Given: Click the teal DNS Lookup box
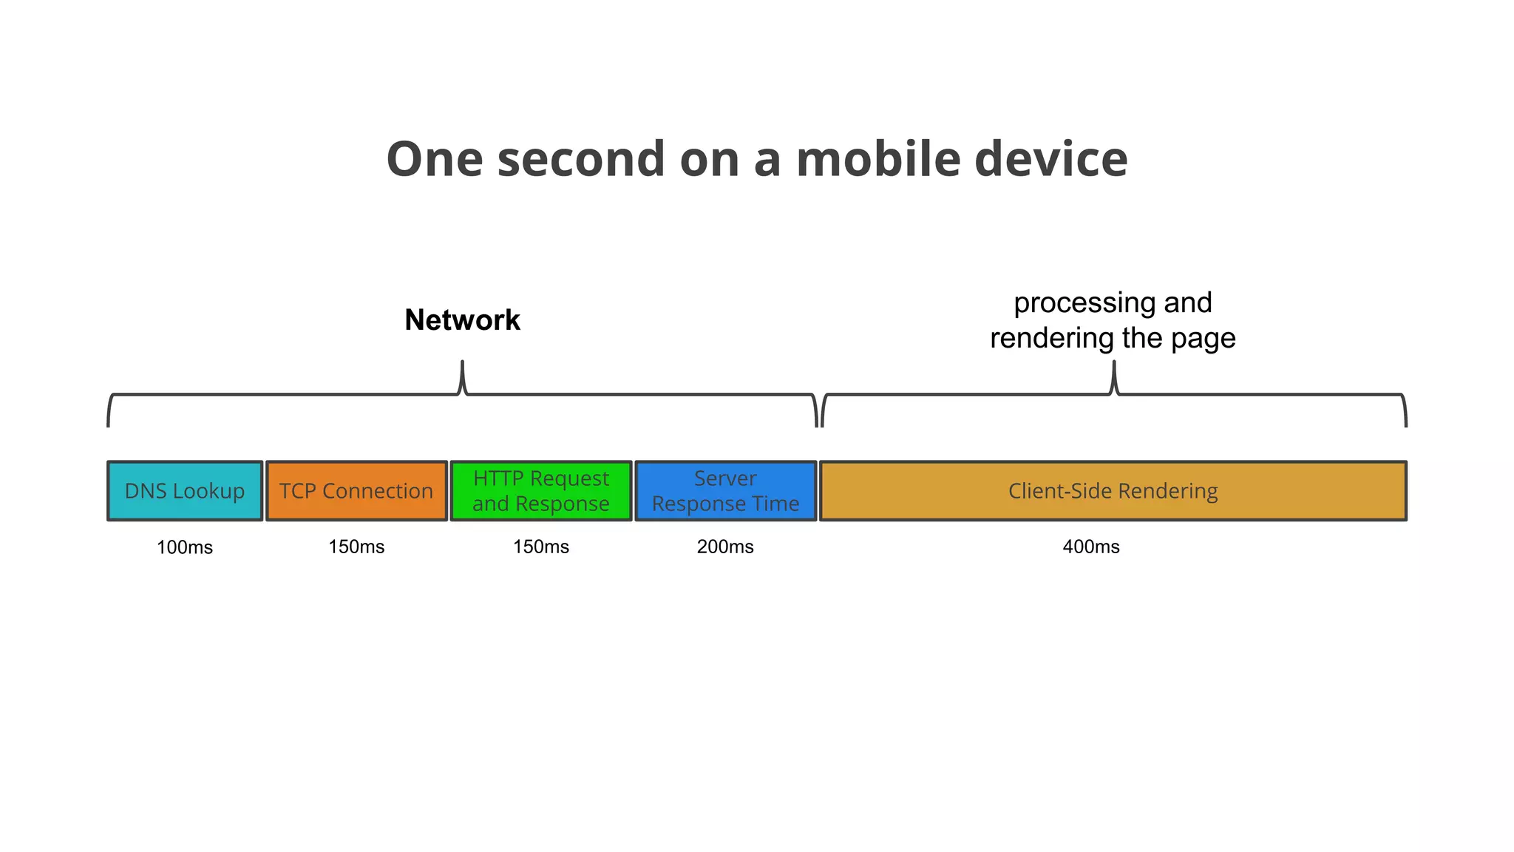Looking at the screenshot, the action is (185, 491).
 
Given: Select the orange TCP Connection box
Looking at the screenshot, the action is (356, 491).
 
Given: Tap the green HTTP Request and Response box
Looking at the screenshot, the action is (541, 491).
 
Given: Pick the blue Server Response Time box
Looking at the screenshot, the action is (725, 491).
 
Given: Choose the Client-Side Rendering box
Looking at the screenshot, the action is (1113, 491).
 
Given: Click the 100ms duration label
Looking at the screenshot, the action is (185, 548).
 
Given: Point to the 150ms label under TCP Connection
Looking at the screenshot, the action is (356, 547).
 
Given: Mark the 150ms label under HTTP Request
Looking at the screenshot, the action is (541, 547).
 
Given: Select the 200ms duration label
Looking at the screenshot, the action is (725, 547).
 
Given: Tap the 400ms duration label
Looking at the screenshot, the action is (1091, 547).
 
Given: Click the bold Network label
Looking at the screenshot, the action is (463, 320).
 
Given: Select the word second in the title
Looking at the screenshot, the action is (581, 160).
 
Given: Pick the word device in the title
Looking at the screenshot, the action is (1050, 160).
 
